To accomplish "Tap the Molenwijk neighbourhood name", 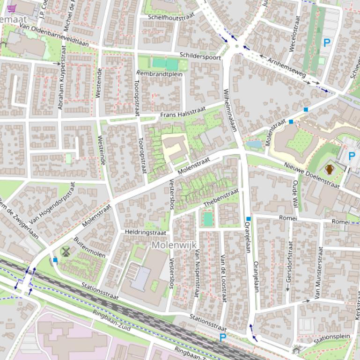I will click(174, 245).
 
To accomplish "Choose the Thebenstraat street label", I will click(221, 198).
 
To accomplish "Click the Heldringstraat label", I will click(146, 232).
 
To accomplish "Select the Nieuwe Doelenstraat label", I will click(311, 175).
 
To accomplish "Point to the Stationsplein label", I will click(332, 338).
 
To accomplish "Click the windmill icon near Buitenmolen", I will click(66, 252).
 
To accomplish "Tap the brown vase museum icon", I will click(330, 169).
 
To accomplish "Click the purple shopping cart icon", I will click(12, 8).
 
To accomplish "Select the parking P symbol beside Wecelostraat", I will click(327, 43).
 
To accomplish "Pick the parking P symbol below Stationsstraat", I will click(223, 337).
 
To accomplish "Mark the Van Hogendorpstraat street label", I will click(52, 203).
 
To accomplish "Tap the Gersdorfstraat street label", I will click(290, 265).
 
